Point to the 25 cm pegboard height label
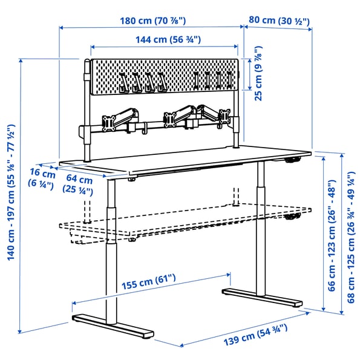[x=258, y=74]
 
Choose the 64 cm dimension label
[x=79, y=185]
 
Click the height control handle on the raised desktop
[x=293, y=160]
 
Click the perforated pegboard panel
[x=163, y=77]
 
